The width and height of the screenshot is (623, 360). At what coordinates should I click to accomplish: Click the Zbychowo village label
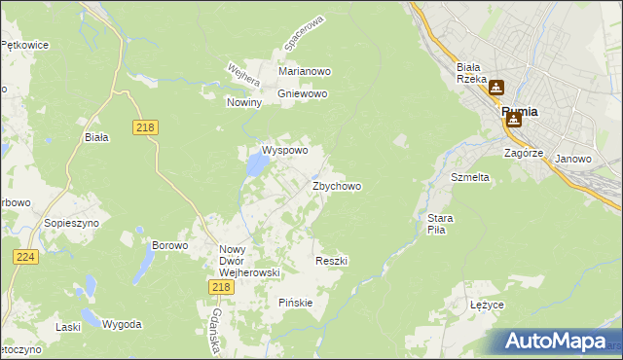point(337,186)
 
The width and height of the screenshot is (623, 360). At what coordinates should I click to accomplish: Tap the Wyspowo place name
point(284,151)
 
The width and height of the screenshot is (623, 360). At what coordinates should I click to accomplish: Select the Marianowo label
point(305,72)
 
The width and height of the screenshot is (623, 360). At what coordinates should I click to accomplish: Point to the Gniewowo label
point(303,94)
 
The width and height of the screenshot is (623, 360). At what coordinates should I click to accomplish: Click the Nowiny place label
point(244,102)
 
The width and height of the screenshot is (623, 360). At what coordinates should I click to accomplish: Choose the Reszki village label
point(332,261)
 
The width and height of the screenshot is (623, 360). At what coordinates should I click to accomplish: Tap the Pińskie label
point(295,303)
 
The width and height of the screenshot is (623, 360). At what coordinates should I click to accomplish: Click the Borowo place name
point(169,245)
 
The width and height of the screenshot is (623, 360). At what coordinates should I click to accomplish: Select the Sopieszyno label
point(67,223)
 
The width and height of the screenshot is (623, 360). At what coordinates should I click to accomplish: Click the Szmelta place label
point(469,178)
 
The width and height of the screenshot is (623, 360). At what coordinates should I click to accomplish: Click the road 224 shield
point(26,256)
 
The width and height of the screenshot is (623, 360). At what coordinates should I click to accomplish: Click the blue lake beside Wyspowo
point(256,166)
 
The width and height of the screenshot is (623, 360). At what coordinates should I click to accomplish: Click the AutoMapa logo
point(555,341)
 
